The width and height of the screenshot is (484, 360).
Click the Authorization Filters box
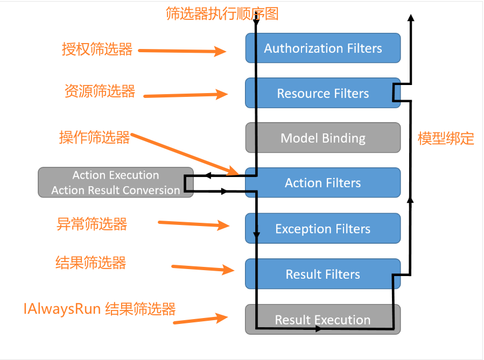[323, 48]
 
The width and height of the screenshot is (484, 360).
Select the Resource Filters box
[323, 93]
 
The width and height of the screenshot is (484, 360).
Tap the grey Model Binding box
[323, 138]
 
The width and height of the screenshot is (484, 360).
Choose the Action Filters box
[323, 183]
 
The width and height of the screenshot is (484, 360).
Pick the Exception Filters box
[323, 229]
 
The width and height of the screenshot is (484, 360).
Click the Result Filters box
[323, 274]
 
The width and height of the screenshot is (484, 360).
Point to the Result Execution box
[323, 320]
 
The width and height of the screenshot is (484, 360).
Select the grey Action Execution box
[115, 182]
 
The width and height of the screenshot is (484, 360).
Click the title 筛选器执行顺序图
[222, 13]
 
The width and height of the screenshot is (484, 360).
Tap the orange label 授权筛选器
[97, 50]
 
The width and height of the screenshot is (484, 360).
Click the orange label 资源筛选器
[100, 91]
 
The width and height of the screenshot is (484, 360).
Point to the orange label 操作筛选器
[95, 137]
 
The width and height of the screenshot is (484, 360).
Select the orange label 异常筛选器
[92, 223]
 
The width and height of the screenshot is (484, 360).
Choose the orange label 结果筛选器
[91, 263]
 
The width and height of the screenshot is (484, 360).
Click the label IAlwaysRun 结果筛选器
[100, 309]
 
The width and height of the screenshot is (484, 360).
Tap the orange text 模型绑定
[446, 138]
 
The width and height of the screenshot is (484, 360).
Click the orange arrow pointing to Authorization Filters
[182, 52]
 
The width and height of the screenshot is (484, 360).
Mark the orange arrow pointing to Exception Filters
[194, 224]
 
